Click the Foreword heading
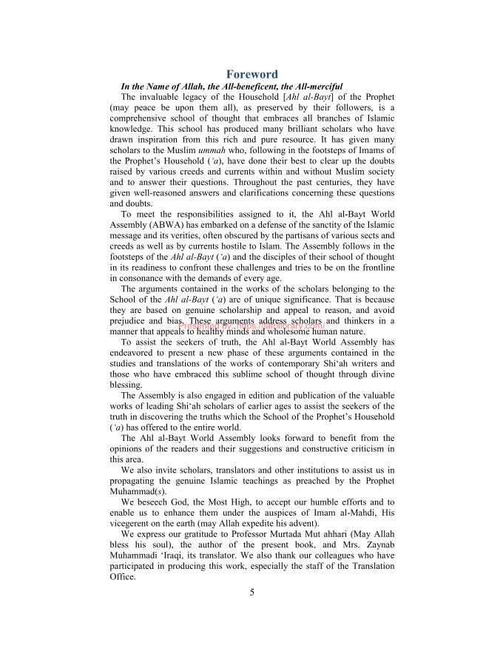tap(252, 74)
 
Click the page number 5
tap(251, 590)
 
